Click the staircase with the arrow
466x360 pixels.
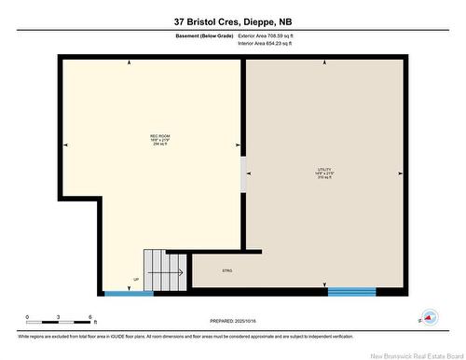point(163,270)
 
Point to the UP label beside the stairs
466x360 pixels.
point(137,279)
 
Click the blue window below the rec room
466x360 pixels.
point(128,294)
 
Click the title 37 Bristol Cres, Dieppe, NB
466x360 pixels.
point(232,21)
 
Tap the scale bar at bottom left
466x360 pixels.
point(58,325)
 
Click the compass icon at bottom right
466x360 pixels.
point(428,316)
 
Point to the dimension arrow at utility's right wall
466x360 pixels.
point(400,173)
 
